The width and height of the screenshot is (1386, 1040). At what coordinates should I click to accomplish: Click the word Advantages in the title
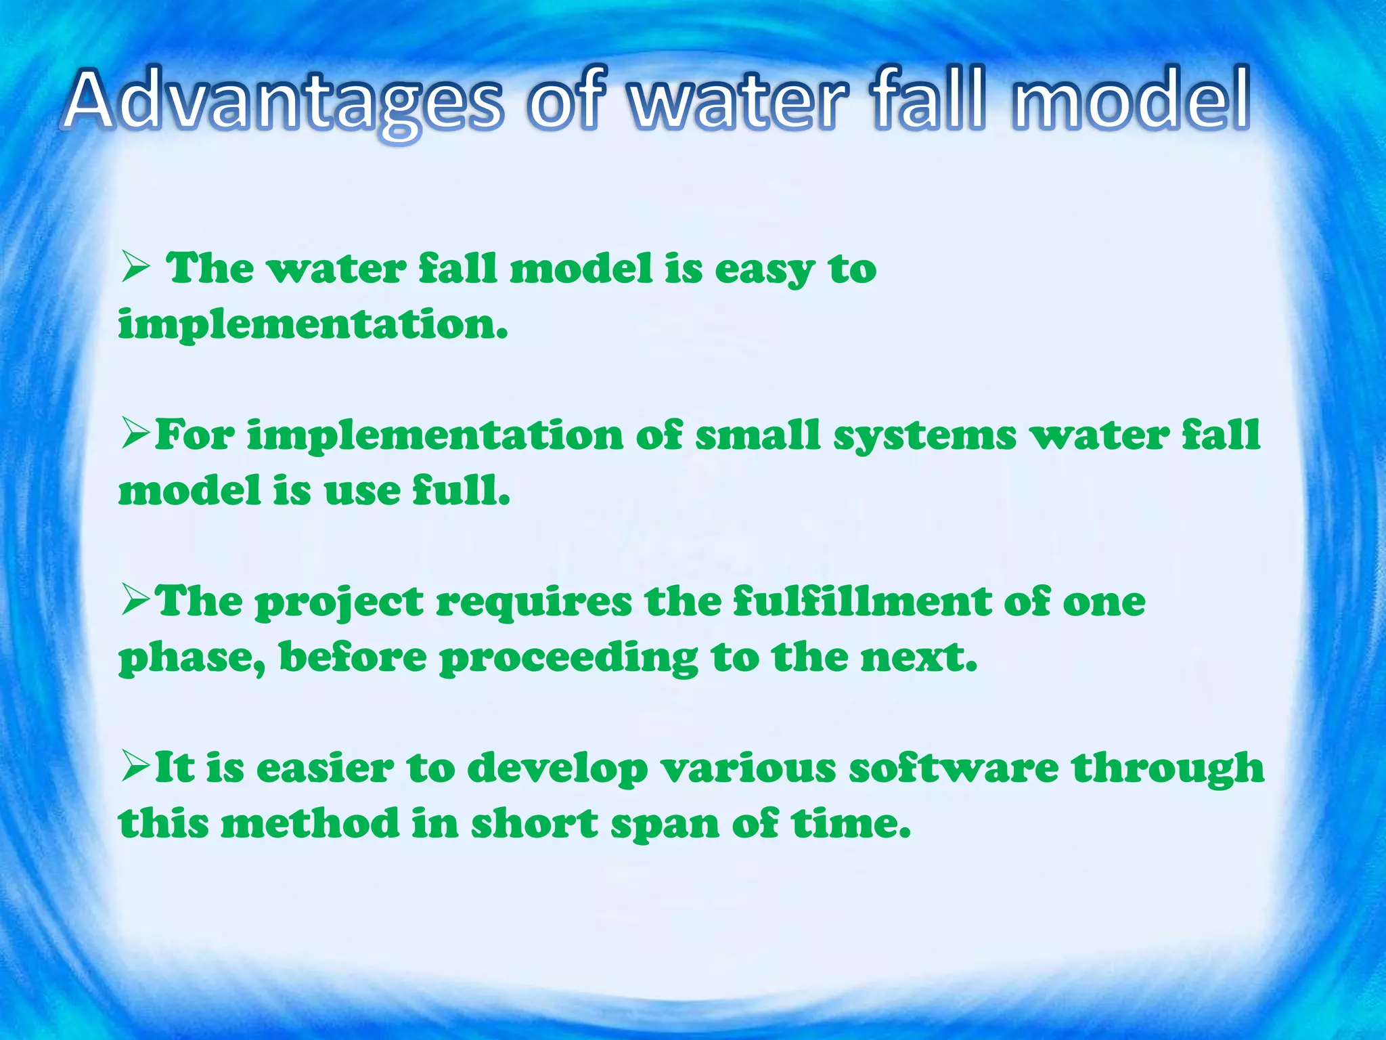click(x=284, y=102)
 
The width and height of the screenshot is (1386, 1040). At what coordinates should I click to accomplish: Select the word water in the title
click(x=738, y=102)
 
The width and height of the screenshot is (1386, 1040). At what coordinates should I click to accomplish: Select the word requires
click(x=533, y=603)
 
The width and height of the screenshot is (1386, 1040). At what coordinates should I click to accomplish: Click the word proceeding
click(x=568, y=658)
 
